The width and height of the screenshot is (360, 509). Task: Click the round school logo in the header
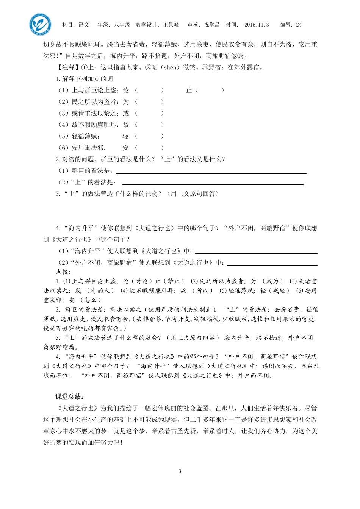pos(40,24)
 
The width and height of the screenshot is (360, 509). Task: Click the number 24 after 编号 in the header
pos(299,25)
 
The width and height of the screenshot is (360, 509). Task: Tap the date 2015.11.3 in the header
pos(257,25)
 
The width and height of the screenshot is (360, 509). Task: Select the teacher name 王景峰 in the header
pos(171,25)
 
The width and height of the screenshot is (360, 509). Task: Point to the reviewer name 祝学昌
pos(212,25)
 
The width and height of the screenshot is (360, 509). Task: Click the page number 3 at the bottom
pos(180,471)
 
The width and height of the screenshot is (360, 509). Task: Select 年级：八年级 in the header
pos(114,25)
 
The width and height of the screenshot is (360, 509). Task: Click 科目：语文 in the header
pos(76,25)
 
